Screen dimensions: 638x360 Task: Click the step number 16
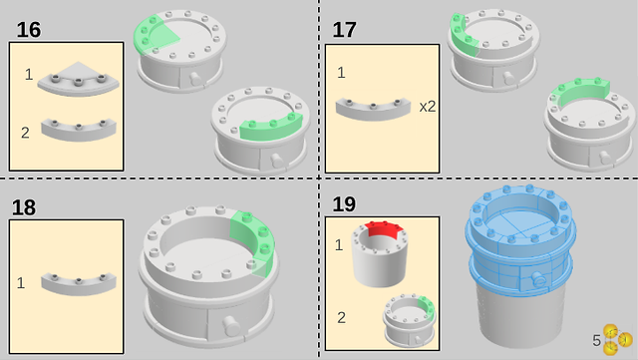click(x=29, y=30)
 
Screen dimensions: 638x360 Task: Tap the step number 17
click(x=344, y=30)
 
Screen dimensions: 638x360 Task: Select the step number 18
click(x=24, y=207)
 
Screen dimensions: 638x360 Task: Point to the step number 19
click(x=344, y=204)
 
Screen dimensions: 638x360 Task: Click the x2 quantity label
click(x=428, y=107)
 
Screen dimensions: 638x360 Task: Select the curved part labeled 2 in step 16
click(x=79, y=130)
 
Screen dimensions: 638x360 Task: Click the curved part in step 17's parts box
click(x=373, y=109)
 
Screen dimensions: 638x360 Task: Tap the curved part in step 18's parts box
click(x=79, y=283)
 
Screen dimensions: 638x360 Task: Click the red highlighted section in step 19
click(x=383, y=229)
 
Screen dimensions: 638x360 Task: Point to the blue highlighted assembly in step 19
click(x=520, y=240)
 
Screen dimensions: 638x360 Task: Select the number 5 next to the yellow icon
click(x=596, y=340)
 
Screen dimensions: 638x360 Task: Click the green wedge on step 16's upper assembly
click(x=153, y=36)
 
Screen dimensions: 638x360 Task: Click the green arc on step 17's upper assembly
click(x=462, y=36)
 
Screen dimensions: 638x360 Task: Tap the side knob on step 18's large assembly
click(x=231, y=325)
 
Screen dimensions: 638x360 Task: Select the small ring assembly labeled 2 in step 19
click(x=409, y=321)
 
